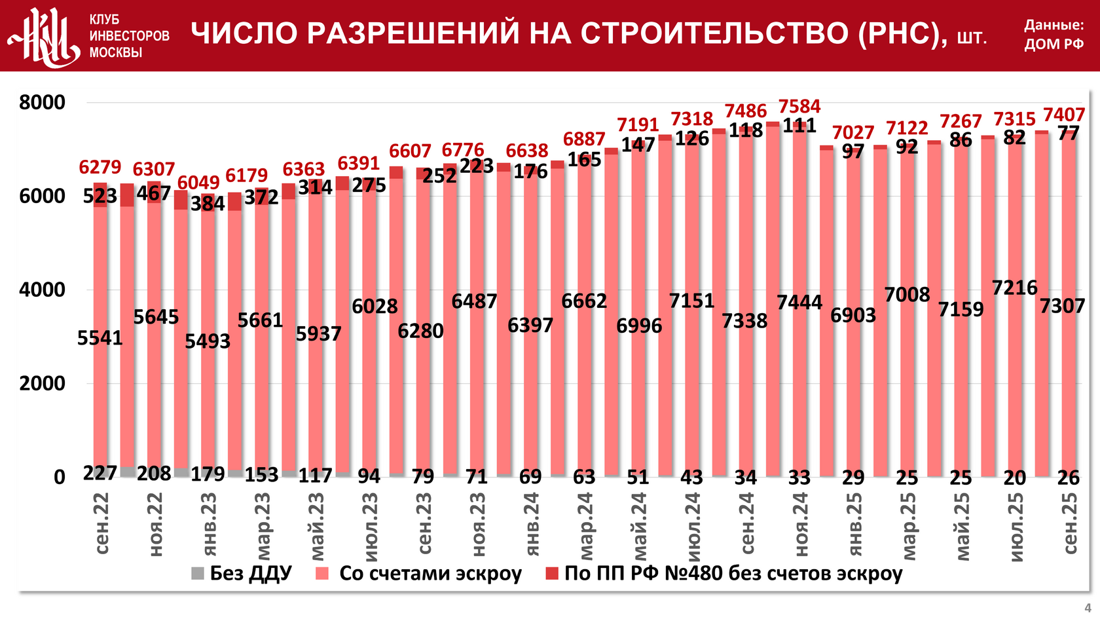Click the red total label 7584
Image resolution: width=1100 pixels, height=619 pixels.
pos(799,106)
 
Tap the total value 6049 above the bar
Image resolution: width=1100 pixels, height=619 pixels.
pos(198,182)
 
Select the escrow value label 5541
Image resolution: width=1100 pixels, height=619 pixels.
pos(100,338)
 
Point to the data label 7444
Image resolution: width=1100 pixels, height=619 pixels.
pos(799,302)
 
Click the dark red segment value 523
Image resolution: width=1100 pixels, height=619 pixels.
pos(100,196)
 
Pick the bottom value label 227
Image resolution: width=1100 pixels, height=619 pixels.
pos(100,473)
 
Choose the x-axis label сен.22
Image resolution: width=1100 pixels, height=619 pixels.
pos(101,524)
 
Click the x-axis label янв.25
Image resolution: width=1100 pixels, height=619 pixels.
pos(854,524)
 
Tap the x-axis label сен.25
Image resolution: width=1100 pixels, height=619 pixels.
pos(1069,524)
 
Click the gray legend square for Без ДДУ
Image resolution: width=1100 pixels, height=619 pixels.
pos(198,574)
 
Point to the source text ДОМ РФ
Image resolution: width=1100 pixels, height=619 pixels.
pos(1054,45)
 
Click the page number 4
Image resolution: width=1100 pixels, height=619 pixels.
pos(1088,607)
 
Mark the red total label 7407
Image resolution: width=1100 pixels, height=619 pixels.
pos(1064,115)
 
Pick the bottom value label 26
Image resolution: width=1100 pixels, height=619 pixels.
pos(1069,478)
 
